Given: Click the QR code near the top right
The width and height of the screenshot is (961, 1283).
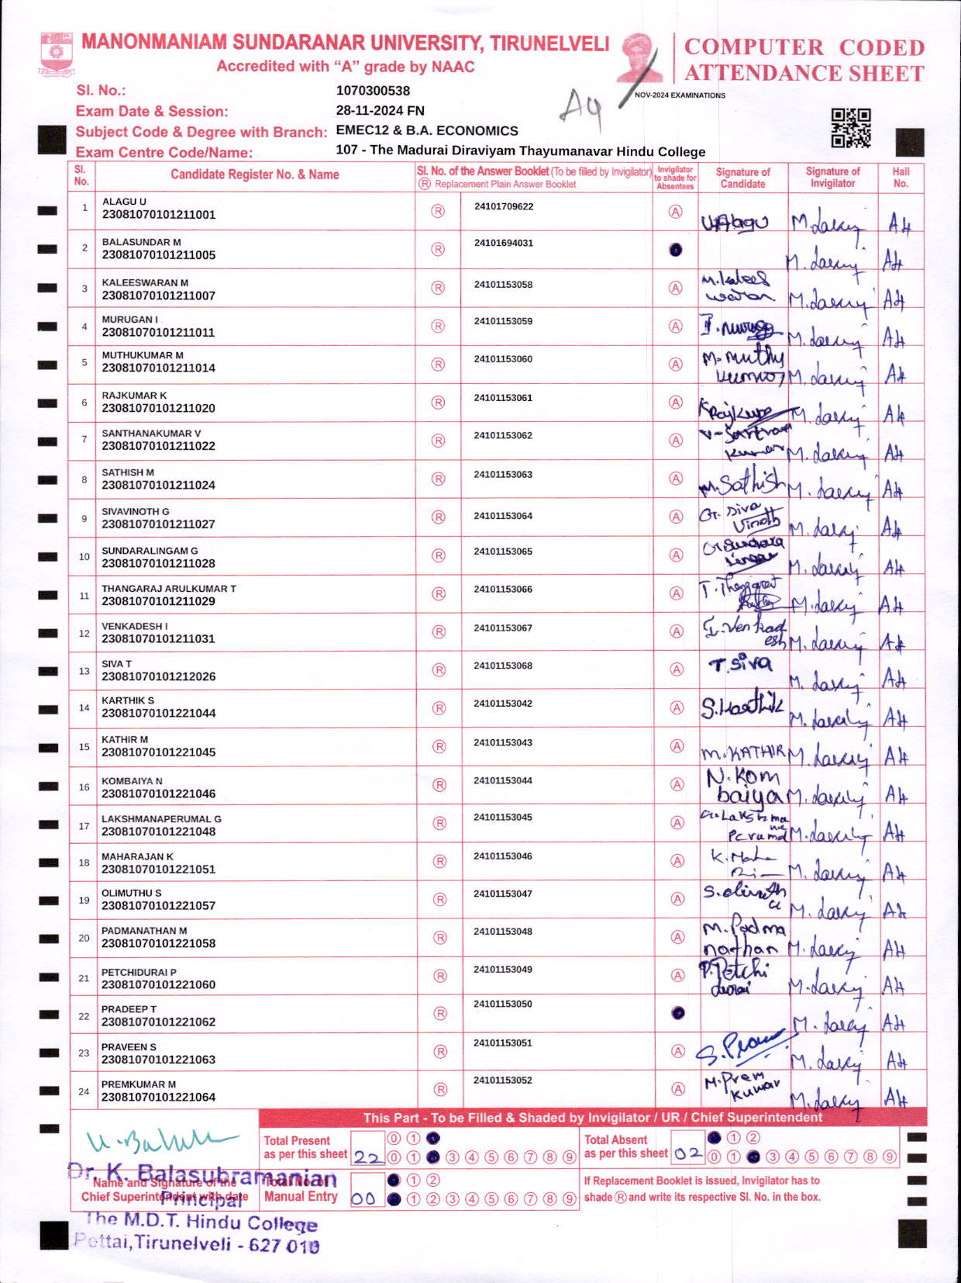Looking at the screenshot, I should (x=850, y=128).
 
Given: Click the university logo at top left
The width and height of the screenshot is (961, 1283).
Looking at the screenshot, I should (x=56, y=53).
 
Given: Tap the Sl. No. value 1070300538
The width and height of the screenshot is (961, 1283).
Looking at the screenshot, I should (x=373, y=90).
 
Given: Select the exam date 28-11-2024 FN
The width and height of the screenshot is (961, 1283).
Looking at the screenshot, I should (x=380, y=110).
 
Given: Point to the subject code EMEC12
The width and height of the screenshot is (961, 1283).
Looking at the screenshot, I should (x=362, y=130).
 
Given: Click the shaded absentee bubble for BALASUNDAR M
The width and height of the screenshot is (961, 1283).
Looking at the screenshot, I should (x=676, y=250).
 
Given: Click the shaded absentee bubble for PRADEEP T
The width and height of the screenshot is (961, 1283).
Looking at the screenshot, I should (x=678, y=1013).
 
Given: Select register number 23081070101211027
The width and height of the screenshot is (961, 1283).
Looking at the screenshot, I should (x=159, y=524).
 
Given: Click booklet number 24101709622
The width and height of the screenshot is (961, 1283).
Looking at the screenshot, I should (x=504, y=206).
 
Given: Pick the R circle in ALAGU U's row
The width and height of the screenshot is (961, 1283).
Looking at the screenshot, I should (x=438, y=211).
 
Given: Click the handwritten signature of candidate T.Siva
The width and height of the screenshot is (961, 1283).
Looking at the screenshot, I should (x=740, y=664).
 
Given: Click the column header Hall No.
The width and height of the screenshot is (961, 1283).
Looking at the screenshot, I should (x=901, y=178).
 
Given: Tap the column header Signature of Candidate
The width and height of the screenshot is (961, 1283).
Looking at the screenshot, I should (x=742, y=178).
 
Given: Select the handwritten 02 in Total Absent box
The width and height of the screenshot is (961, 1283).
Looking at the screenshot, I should (x=688, y=1153).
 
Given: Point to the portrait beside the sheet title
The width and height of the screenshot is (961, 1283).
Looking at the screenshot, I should (x=640, y=57).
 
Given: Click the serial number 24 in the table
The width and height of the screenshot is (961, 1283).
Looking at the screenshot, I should (x=84, y=1091).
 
